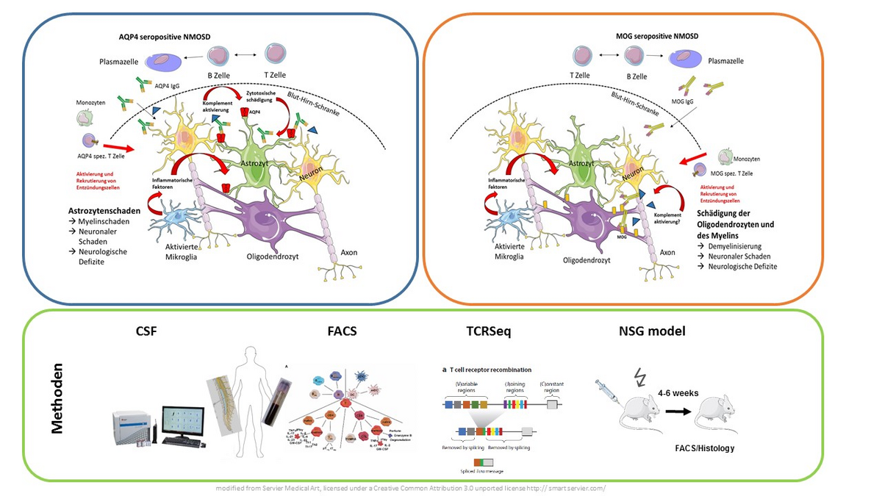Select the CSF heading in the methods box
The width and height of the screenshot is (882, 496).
(146, 331)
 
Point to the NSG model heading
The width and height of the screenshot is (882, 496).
(651, 331)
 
